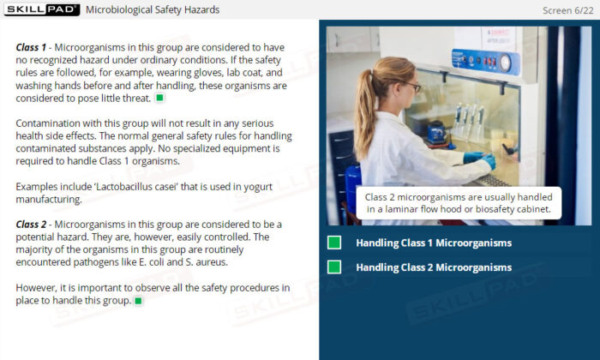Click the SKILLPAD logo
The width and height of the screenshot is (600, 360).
tap(42, 9)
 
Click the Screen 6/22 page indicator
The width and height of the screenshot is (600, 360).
tap(567, 10)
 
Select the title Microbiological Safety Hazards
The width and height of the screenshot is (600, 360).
tap(153, 9)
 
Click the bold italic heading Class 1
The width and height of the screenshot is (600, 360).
tap(31, 47)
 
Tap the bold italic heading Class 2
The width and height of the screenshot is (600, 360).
tap(31, 225)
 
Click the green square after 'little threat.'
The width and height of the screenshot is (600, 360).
tap(159, 98)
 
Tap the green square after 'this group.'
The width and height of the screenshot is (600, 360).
tap(139, 301)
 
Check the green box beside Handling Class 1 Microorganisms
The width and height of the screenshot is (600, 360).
tap(334, 243)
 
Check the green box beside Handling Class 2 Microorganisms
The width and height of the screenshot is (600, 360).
tap(334, 267)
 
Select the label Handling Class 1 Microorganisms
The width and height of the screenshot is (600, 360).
tap(434, 243)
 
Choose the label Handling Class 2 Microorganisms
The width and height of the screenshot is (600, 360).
tap(434, 267)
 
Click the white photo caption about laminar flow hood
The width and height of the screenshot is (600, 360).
tap(459, 203)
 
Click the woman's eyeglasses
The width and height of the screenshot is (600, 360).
tap(414, 87)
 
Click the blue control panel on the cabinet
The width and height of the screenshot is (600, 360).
tap(485, 61)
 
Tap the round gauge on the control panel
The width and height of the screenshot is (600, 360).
tap(505, 63)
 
